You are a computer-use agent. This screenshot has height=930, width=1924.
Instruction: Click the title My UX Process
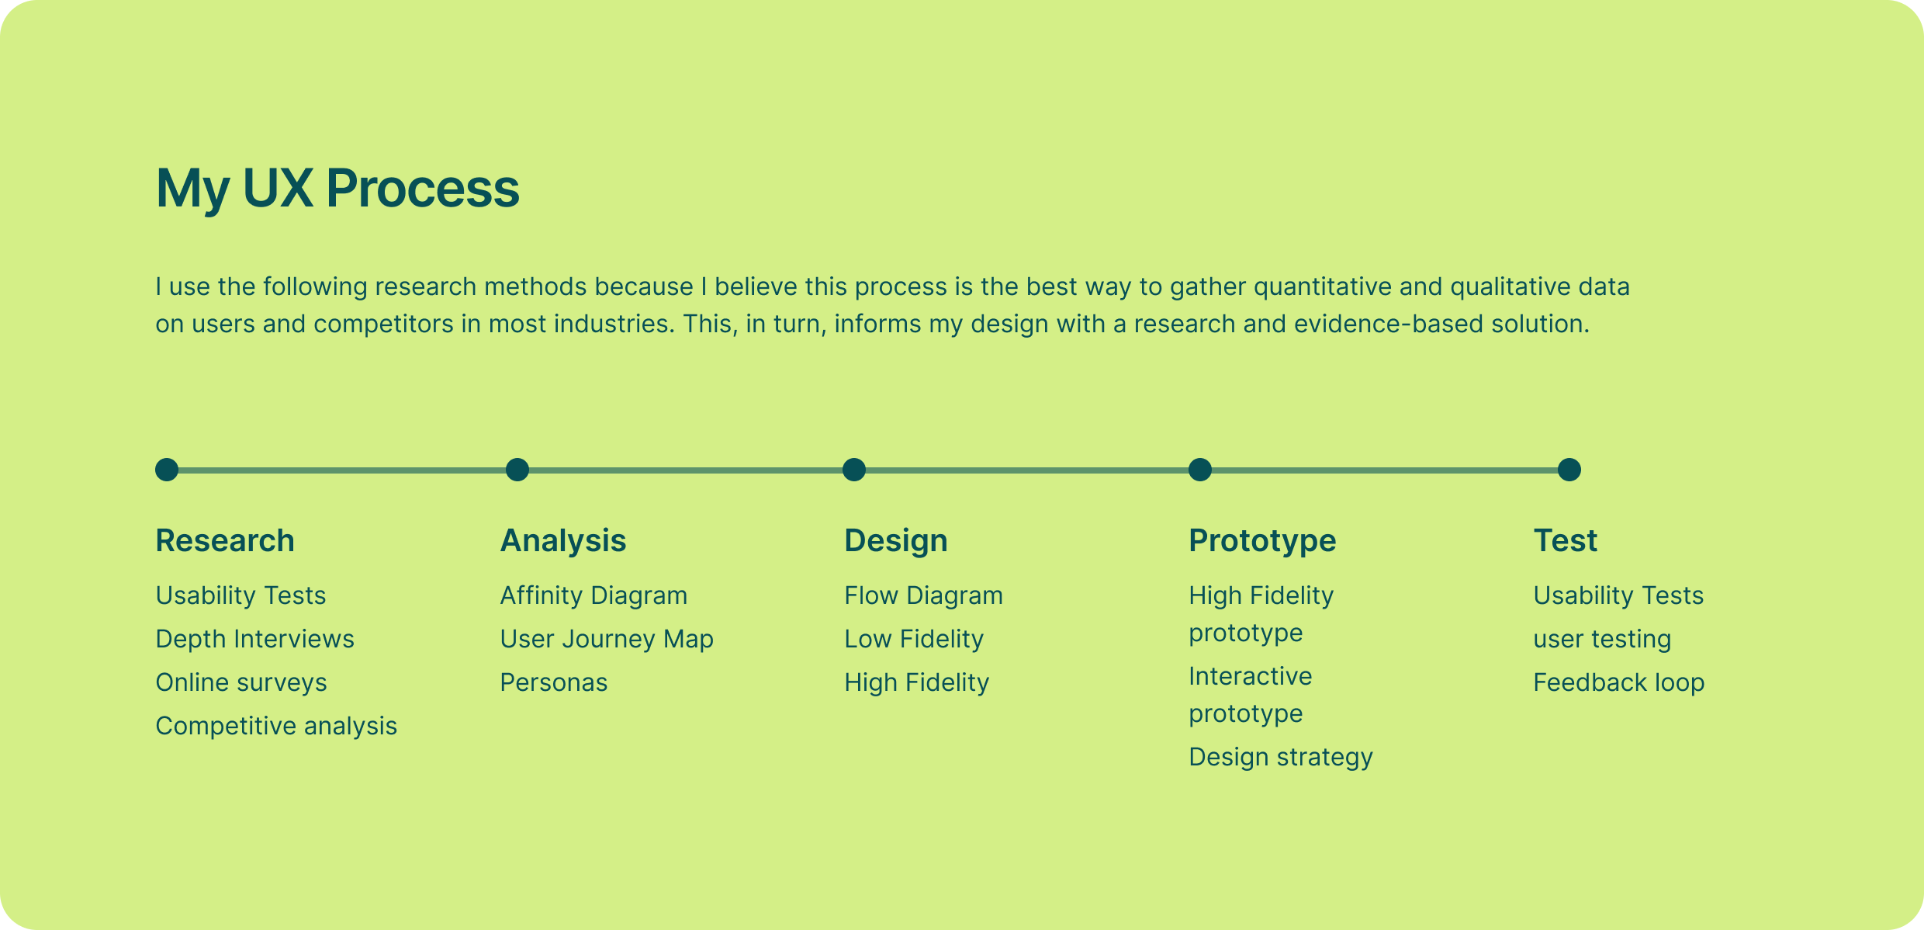(337, 189)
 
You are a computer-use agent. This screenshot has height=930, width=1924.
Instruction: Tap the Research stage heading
(225, 540)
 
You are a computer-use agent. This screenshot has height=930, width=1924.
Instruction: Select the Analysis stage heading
(563, 540)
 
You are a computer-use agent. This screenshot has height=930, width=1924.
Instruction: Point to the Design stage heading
(896, 541)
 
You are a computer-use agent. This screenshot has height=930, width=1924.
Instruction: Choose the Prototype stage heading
(1262, 541)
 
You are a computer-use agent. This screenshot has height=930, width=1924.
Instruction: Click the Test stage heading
(1566, 540)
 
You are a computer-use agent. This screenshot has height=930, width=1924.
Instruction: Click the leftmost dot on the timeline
(167, 470)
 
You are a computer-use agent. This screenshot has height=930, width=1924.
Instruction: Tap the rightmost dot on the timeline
(1569, 470)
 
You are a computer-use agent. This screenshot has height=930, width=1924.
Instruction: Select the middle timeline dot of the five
(854, 470)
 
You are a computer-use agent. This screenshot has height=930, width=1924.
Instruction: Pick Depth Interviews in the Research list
(255, 639)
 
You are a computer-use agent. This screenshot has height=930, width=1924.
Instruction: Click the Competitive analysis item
(276, 726)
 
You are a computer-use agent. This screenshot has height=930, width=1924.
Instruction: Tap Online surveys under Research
(241, 682)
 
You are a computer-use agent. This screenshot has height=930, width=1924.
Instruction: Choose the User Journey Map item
(607, 639)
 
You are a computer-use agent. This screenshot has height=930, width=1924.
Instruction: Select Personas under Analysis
(554, 682)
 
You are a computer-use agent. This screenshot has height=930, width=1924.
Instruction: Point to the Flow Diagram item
(924, 595)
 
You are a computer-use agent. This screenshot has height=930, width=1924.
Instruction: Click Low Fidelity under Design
(914, 639)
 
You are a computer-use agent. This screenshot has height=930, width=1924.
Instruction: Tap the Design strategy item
(1281, 757)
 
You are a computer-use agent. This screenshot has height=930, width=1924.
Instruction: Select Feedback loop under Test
(1619, 682)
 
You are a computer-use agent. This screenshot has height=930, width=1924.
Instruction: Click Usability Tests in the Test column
(1618, 595)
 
